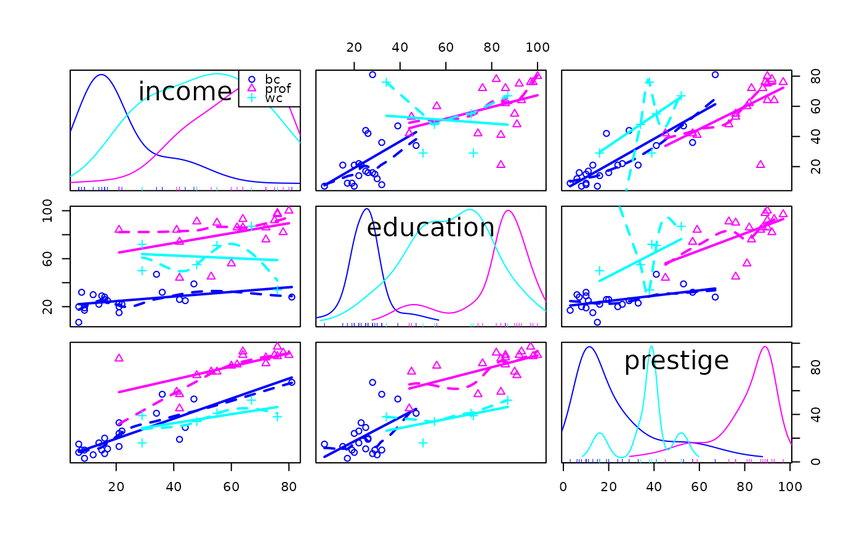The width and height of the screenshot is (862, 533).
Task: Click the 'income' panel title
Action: point(185,92)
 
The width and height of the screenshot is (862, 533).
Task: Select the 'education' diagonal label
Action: point(430,228)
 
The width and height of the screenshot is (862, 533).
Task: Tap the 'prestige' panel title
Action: point(677,361)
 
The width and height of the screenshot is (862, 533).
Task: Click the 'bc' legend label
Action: point(272,79)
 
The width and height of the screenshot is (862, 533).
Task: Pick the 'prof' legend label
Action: point(278,89)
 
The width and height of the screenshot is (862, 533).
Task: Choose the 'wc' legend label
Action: point(273,98)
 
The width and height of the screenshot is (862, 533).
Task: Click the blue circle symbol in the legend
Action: point(252,79)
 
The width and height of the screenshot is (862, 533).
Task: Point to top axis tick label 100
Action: point(537,47)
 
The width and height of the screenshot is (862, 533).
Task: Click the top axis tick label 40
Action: point(400,47)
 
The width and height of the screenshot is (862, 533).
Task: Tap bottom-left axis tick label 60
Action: point(232,487)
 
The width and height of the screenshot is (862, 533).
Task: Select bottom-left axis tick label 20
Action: point(116,487)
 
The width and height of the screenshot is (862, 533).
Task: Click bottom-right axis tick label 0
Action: point(563,487)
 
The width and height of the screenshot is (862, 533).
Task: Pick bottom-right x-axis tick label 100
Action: point(790,487)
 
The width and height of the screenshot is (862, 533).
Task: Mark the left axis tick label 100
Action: point(47,210)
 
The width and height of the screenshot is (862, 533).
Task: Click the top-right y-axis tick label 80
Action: point(815,76)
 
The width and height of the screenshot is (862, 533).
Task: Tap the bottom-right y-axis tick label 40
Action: point(815,415)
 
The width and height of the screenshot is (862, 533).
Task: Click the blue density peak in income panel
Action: point(101,74)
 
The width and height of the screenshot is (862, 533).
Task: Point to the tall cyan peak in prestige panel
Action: point(651,347)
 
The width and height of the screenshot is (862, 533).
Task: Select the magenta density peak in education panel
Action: point(509,210)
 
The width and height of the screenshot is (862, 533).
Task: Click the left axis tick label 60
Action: point(47,259)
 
